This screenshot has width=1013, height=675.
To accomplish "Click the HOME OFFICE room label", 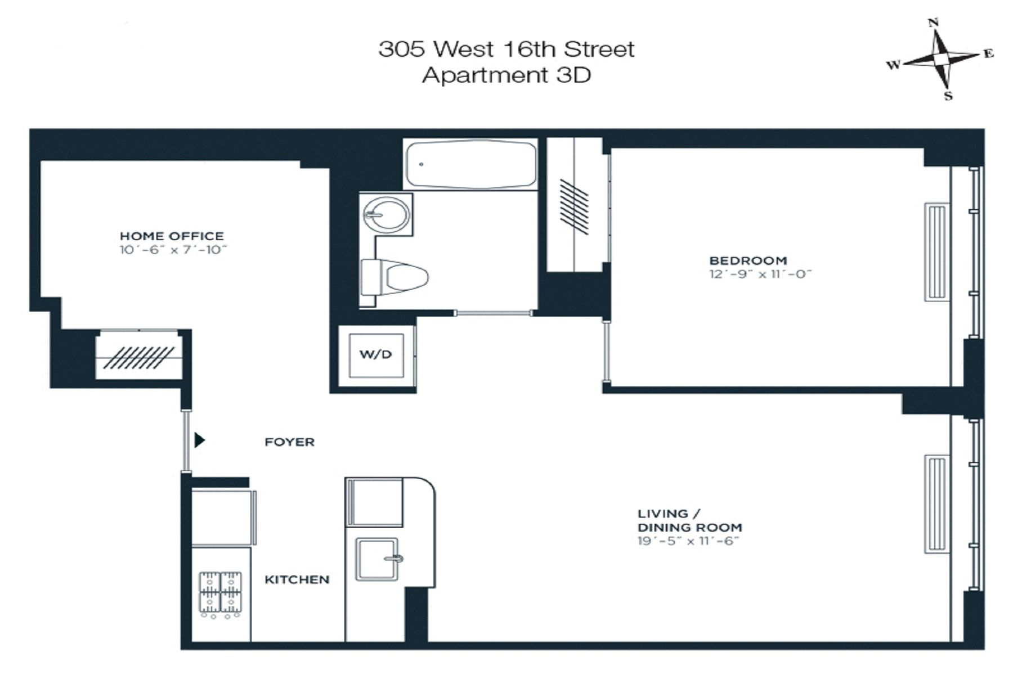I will click(x=172, y=236).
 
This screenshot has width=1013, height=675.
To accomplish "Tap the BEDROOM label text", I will click(x=747, y=261).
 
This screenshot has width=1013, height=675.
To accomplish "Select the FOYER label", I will click(x=289, y=442).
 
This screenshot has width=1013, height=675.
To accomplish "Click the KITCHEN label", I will click(x=297, y=579).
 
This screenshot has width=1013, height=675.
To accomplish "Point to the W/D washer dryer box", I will click(x=376, y=355).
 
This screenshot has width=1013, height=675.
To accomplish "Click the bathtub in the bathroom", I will click(x=470, y=164).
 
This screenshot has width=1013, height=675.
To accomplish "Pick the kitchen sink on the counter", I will click(x=378, y=559).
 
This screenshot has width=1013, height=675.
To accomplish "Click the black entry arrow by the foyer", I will click(x=199, y=440).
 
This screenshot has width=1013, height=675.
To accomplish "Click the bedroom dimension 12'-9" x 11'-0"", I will click(x=760, y=274).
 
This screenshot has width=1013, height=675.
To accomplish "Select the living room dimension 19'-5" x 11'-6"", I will click(x=687, y=541).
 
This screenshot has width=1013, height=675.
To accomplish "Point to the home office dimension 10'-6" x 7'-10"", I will click(x=173, y=250).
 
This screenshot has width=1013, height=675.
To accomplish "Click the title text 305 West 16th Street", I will click(x=506, y=49).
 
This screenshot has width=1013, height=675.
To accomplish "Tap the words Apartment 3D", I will click(x=506, y=75).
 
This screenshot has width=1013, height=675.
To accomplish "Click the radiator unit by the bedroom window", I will click(x=938, y=251).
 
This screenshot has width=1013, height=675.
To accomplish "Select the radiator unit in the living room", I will click(x=938, y=504).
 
